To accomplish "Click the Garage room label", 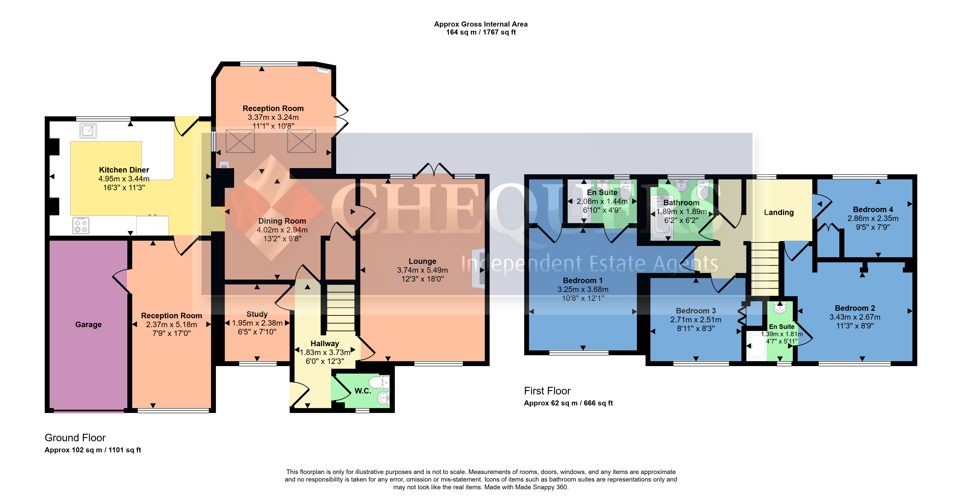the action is point(89,324).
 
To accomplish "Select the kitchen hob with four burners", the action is point(81,225).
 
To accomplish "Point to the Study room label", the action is point(257,314).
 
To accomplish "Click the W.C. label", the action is point(363,391).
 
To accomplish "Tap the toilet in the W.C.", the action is point(379,382).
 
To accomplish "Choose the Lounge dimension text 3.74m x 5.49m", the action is point(422,270).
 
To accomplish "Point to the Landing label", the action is point(779,212).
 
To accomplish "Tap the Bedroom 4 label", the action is point(873,210).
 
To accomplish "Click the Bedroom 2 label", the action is point(855,308).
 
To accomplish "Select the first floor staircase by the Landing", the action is point(765,269).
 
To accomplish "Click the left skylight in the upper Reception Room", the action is point(240,141).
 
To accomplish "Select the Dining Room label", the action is point(282,221).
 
